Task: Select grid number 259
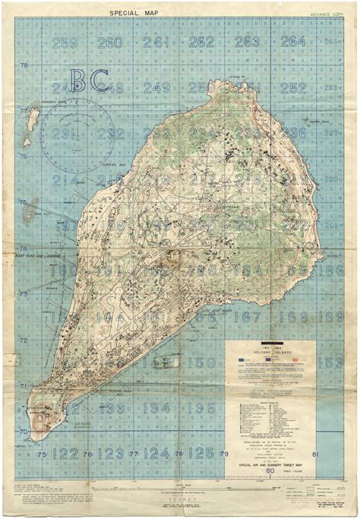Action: point(65,43)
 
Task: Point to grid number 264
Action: point(292,41)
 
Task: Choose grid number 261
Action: point(156,42)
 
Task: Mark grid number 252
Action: point(293,87)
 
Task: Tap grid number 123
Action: point(111,454)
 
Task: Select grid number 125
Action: point(201,453)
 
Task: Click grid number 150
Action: point(201,362)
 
